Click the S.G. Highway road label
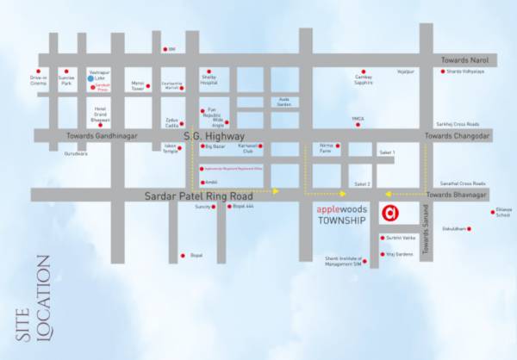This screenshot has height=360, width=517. tap(215, 136)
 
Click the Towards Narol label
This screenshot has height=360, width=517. tap(464, 60)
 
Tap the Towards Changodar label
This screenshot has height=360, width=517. tap(457, 136)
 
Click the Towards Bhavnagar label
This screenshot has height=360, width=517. tap(457, 196)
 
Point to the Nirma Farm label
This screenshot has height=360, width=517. tap(327, 148)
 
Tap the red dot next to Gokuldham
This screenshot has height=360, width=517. tap(470, 229)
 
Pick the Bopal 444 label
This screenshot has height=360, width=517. tap(244, 207)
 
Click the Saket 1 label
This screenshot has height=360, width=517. tap(387, 152)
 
